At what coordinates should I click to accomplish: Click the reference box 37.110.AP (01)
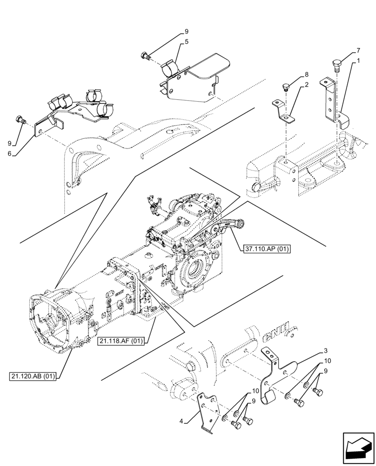pos(266,249)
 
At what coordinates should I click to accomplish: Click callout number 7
pos(358,50)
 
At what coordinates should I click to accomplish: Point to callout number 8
pos(307,75)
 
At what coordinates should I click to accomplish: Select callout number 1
pos(357,61)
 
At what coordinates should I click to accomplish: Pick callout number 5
pos(186,41)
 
